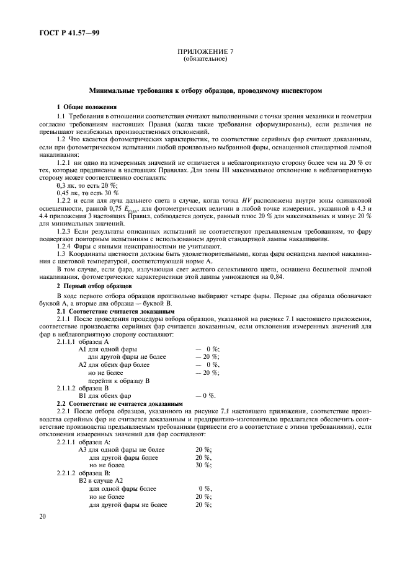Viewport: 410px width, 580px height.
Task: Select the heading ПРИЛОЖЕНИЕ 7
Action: coord(205,52)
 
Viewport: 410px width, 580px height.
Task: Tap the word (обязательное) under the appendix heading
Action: coord(205,59)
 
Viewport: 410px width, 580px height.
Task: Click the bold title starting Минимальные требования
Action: coord(205,90)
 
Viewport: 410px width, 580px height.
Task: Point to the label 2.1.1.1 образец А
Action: coord(82,341)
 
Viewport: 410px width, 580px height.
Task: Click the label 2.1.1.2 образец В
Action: coord(82,387)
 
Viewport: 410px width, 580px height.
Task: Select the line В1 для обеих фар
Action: coord(105,395)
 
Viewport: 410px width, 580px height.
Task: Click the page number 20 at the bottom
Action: coord(42,516)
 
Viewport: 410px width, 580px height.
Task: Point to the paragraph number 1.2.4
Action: coord(66,247)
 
